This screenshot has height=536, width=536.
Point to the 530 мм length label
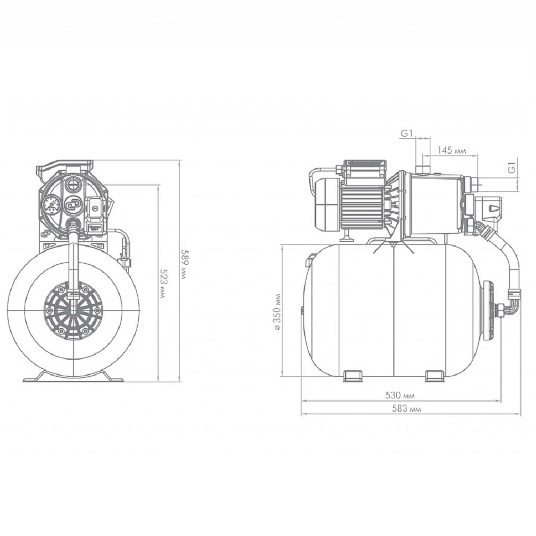click(x=400, y=396)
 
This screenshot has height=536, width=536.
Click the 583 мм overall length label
click(x=406, y=408)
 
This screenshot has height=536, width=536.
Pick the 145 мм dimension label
click(x=451, y=150)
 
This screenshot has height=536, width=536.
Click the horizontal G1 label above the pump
click(x=407, y=133)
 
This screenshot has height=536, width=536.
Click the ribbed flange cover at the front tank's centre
click(x=73, y=310)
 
